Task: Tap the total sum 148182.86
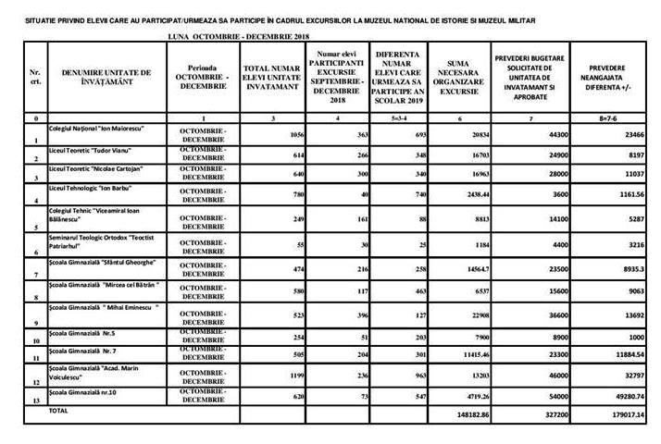point(460,416)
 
